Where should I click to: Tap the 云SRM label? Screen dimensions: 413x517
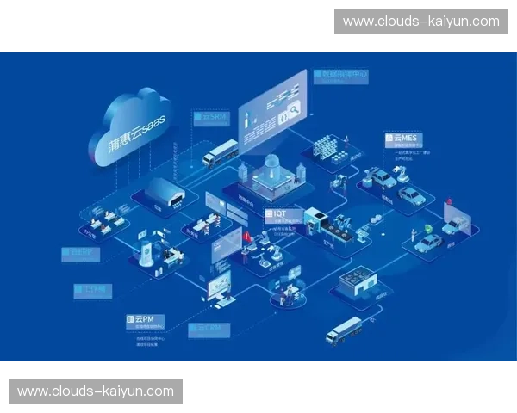click(x=210, y=116)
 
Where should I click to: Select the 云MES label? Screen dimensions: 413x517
click(x=405, y=137)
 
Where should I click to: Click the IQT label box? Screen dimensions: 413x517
click(x=280, y=213)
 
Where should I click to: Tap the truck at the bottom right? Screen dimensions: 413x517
click(x=343, y=330)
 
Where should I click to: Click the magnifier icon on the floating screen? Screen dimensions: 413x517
click(x=292, y=108)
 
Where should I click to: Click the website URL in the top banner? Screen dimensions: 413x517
click(x=420, y=21)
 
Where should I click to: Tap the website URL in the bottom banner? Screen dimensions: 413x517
click(x=96, y=391)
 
